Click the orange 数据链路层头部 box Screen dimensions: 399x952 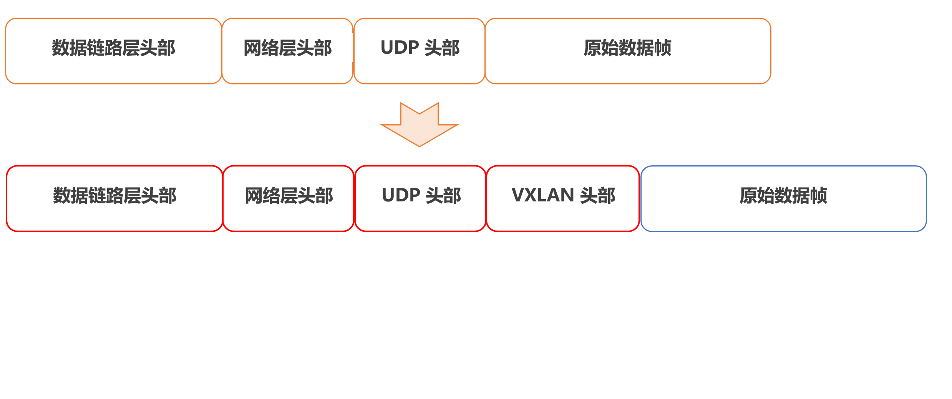pyautogui.click(x=113, y=51)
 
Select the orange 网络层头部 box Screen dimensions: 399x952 pyautogui.click(x=287, y=51)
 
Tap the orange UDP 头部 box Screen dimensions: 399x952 pyautogui.click(x=420, y=51)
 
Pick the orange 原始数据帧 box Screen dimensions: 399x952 pyautogui.click(x=628, y=51)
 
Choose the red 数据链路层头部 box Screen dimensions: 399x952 pyautogui.click(x=114, y=198)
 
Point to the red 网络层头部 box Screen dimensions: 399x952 pyautogui.click(x=289, y=198)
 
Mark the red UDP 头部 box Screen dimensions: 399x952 pyautogui.click(x=421, y=198)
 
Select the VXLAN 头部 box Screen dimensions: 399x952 pyautogui.click(x=563, y=198)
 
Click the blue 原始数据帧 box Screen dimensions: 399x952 pyautogui.click(x=783, y=198)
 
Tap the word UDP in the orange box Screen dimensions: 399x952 pyautogui.click(x=400, y=48)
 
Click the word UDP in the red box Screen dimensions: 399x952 pyautogui.click(x=401, y=195)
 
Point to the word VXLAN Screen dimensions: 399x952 pyautogui.click(x=542, y=195)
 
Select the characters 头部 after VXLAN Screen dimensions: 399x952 pyautogui.click(x=598, y=196)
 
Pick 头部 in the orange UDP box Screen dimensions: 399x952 pyautogui.click(x=442, y=48)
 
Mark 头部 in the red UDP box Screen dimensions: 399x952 pyautogui.click(x=443, y=196)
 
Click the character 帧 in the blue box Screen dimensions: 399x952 pyautogui.click(x=818, y=196)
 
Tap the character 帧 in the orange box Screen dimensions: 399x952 pyautogui.click(x=663, y=48)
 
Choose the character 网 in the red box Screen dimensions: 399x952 pyautogui.click(x=254, y=196)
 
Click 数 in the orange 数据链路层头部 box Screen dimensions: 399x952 pyautogui.click(x=60, y=48)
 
